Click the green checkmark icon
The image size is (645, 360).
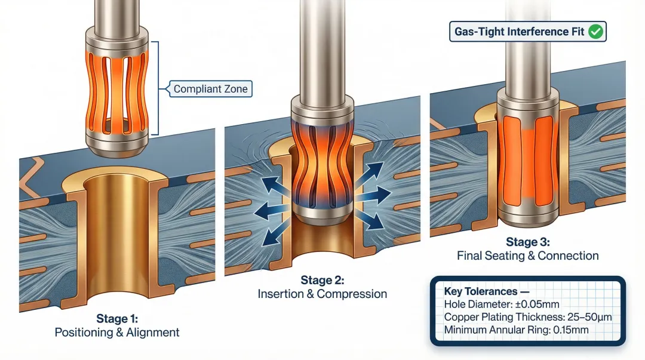tap(595, 32)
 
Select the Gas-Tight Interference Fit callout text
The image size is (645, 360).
tap(518, 32)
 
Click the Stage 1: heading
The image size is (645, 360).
tap(116, 319)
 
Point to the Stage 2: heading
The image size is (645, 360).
tap(322, 281)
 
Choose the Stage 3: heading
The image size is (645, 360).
tap(527, 242)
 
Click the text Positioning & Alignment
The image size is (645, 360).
tap(116, 333)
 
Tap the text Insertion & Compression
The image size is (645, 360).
tap(322, 294)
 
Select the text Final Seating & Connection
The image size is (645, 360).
tap(527, 256)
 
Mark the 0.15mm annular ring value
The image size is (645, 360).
tap(567, 330)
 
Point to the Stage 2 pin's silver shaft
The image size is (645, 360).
tap(322, 48)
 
